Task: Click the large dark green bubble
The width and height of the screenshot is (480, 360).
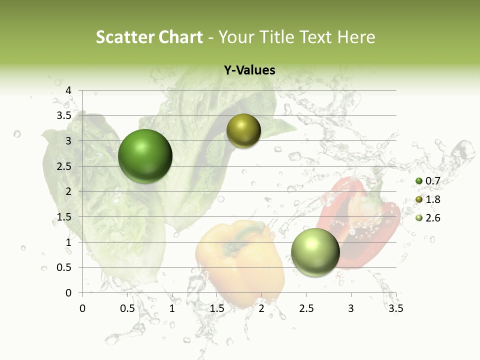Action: click(145, 156)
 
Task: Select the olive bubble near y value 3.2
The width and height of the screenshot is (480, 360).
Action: click(244, 131)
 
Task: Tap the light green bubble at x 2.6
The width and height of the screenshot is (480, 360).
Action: click(315, 252)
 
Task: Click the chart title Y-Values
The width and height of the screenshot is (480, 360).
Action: click(249, 70)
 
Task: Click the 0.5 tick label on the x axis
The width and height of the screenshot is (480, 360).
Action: click(127, 308)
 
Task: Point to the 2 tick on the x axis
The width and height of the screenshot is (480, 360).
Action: click(261, 308)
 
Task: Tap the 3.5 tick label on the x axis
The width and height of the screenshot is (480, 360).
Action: click(396, 308)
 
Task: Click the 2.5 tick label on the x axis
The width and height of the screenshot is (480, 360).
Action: click(306, 308)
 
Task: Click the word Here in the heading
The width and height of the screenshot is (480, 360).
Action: click(355, 37)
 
